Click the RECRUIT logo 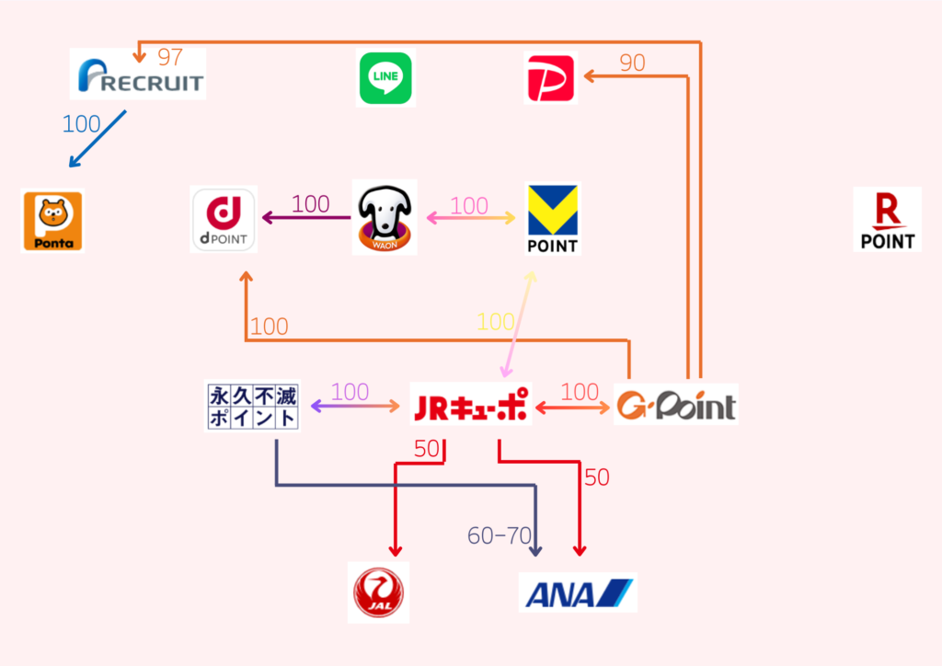coord(138,75)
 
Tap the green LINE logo coord(385,78)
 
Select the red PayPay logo coord(550,78)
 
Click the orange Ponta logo coord(52,222)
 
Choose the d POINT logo coord(224,219)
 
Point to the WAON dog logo coord(385,218)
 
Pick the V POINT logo coord(552,219)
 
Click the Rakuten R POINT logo coord(887,220)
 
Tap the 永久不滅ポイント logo coord(253,407)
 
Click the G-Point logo coord(676,405)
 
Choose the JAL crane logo coord(379,592)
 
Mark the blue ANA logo coord(578,592)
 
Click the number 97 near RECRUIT coord(170,57)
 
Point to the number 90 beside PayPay coord(632,63)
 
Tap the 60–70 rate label coord(500,535)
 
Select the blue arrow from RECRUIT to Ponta coord(98,140)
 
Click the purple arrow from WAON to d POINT coord(306,218)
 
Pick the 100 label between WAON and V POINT coord(469,206)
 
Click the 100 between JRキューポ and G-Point coord(580,392)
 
